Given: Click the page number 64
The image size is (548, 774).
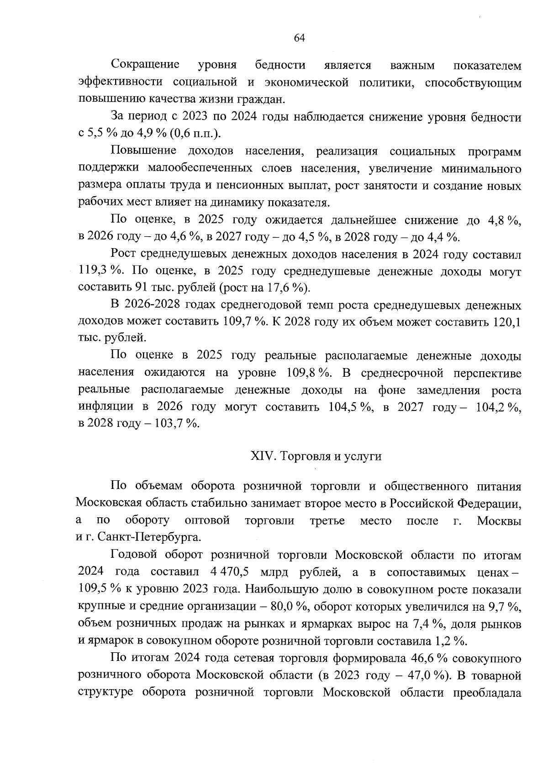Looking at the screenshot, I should point(299,38).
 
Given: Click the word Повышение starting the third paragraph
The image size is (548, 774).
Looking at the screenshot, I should point(143,151).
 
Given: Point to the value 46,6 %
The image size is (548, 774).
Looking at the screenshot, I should point(422,658).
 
